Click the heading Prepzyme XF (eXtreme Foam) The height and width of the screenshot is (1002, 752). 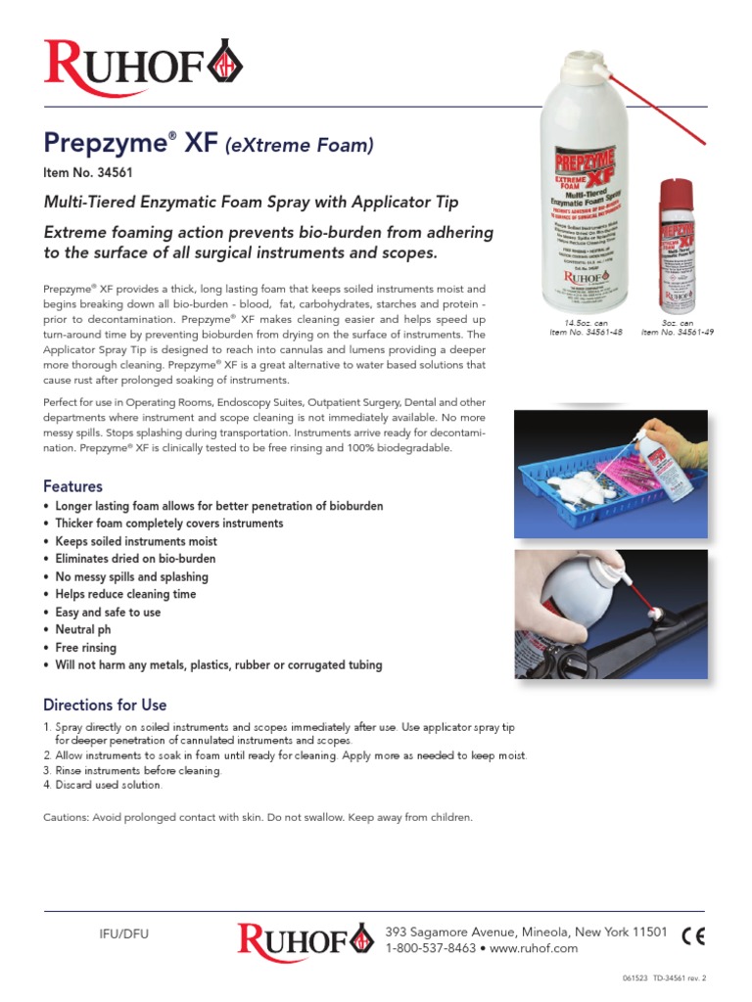pos(209,145)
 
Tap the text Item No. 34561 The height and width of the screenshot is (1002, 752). pos(88,173)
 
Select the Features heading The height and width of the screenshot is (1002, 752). pos(72,486)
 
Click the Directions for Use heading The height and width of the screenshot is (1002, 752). pos(105,705)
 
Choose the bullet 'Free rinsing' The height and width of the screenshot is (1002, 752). pos(85,648)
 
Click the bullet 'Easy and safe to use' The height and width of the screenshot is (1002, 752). pos(108,613)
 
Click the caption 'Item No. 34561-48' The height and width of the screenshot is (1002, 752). pos(587,333)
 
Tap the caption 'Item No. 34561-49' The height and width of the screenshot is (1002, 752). pos(678,333)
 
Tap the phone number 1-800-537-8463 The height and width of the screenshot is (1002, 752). pos(431,948)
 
